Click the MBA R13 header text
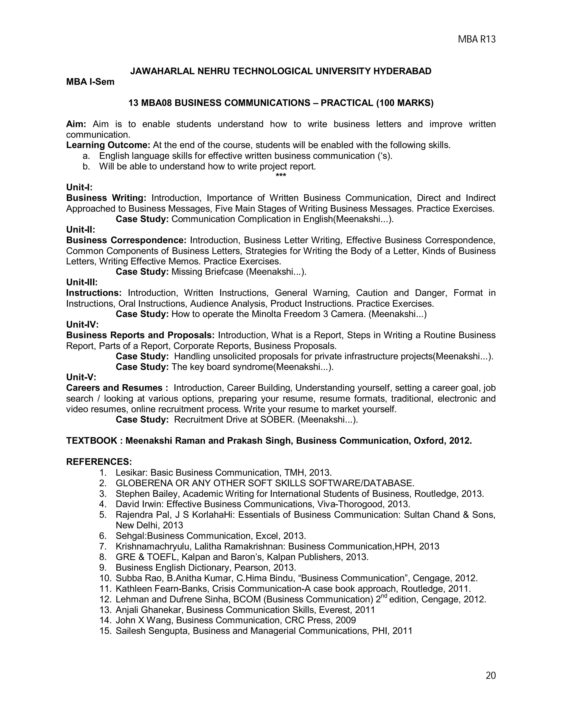(x=476, y=40)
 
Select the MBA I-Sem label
(x=90, y=81)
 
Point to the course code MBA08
(x=156, y=103)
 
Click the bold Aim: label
(x=76, y=124)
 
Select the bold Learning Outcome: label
(x=108, y=145)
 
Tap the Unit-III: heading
(x=82, y=282)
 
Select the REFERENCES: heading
(x=99, y=462)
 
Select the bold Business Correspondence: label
(x=126, y=240)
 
